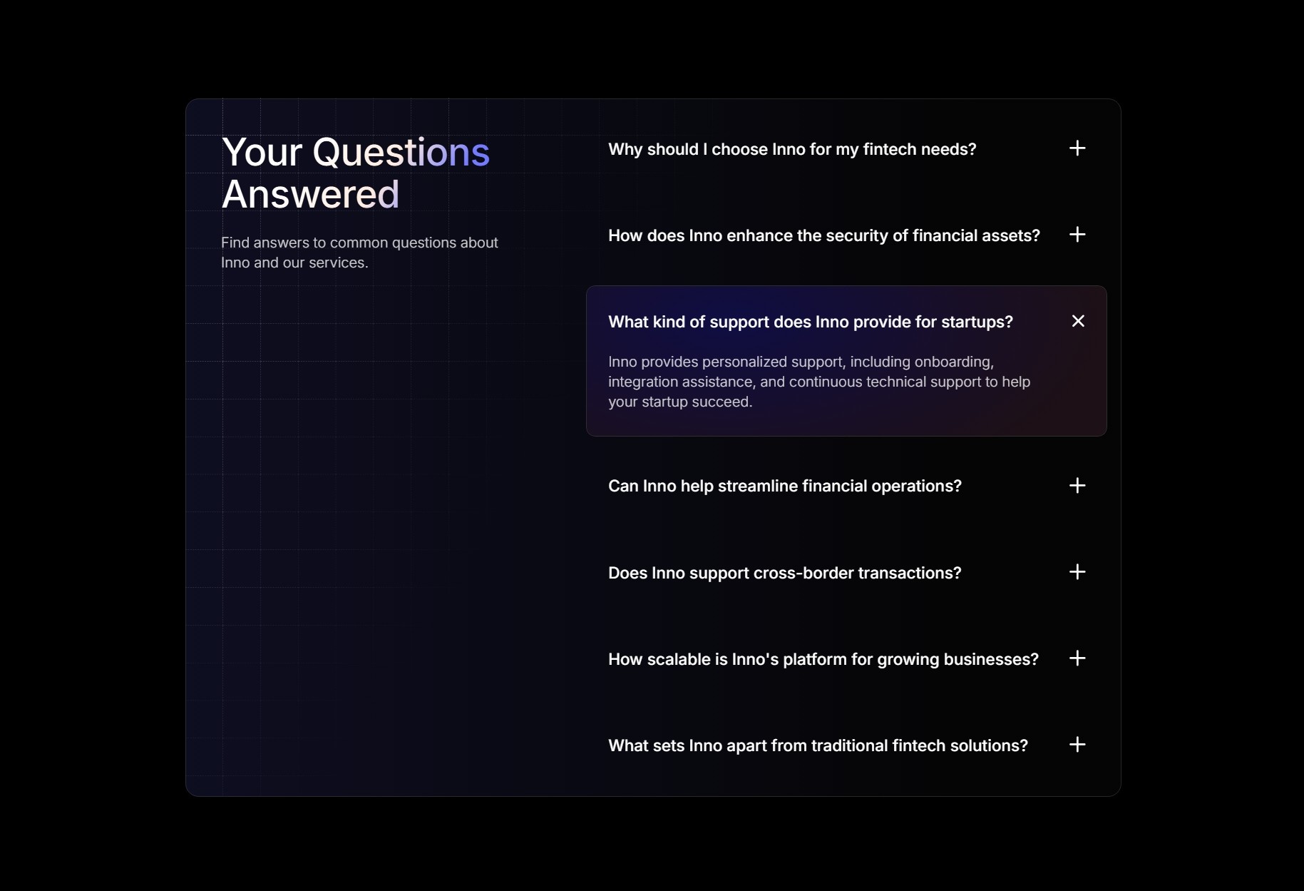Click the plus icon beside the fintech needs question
coord(1077,148)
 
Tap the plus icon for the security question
coord(1077,235)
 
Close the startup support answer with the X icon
coord(1078,321)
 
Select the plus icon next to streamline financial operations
coord(1077,486)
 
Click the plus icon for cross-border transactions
coord(1077,572)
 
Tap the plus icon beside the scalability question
coord(1077,658)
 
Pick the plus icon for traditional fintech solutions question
coord(1077,745)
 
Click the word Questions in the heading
coord(401,152)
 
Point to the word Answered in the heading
coord(311,194)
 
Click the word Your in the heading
coord(262,152)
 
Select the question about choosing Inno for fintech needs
coord(792,149)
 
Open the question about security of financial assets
coord(824,235)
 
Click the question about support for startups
coord(811,322)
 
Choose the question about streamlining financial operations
coord(785,486)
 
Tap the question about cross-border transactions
coord(785,573)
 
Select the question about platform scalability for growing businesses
coord(823,659)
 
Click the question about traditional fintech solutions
coord(818,745)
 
